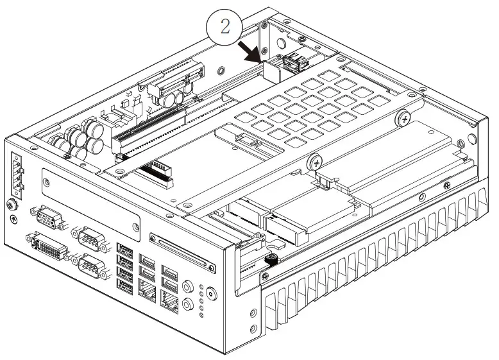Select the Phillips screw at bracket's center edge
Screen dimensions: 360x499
pos(314,162)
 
